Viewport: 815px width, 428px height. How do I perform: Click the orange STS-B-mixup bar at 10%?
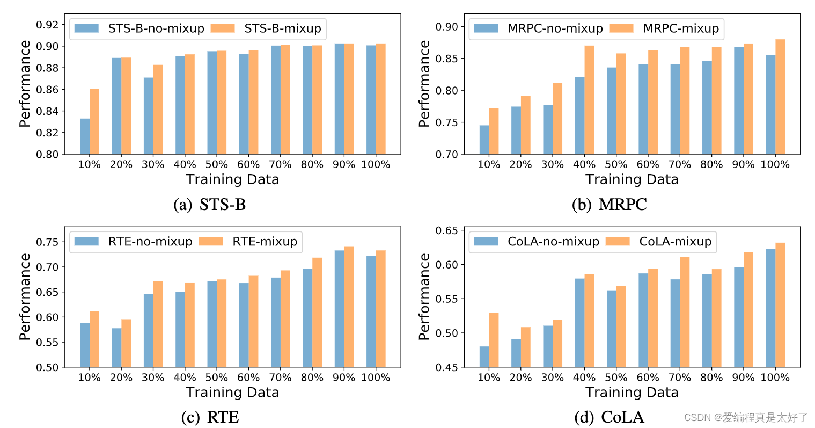[94, 121]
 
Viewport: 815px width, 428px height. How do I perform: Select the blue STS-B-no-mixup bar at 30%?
[148, 116]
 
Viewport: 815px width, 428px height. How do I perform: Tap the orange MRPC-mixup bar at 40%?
[589, 100]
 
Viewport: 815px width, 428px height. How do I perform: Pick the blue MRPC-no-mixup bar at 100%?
[770, 105]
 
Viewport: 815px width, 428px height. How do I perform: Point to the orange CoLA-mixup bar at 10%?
[494, 340]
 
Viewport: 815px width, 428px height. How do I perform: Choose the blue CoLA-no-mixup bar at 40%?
[579, 323]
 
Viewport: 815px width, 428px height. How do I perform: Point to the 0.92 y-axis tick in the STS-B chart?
[47, 25]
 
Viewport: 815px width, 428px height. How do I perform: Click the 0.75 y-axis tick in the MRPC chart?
[447, 122]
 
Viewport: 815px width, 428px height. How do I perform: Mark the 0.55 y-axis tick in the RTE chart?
[47, 342]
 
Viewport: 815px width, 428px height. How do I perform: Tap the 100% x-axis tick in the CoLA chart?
[775, 378]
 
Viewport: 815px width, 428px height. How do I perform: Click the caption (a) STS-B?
[210, 204]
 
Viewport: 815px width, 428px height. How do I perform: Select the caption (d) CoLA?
[609, 417]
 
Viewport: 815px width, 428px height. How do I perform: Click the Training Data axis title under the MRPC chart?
[632, 179]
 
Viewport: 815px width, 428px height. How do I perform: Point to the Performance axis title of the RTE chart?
[25, 296]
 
